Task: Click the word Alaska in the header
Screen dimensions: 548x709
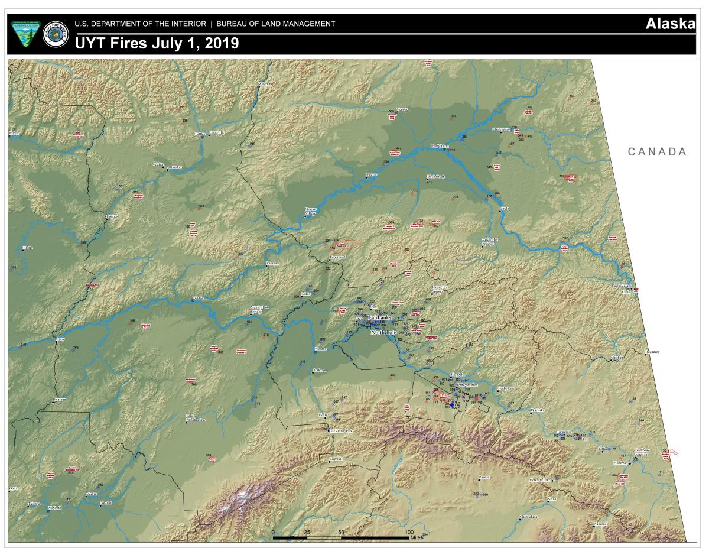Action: (x=669, y=24)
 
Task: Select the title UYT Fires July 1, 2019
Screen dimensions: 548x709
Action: (x=157, y=43)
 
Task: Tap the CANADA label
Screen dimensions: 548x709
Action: (x=657, y=152)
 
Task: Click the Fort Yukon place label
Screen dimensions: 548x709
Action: (x=440, y=145)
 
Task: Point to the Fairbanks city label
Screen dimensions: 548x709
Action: (x=379, y=318)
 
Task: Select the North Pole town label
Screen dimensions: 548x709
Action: (x=382, y=333)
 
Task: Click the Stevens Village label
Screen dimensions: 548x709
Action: (x=310, y=211)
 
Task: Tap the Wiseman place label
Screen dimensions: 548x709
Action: (x=266, y=84)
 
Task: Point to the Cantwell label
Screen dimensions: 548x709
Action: (x=336, y=458)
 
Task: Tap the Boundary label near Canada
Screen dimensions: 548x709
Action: (x=652, y=352)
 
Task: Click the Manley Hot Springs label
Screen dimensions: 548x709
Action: (x=259, y=309)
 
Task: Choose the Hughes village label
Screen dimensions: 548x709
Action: (x=112, y=216)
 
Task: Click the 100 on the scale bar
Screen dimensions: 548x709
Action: (x=409, y=533)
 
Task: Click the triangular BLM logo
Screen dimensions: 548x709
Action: (x=24, y=35)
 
